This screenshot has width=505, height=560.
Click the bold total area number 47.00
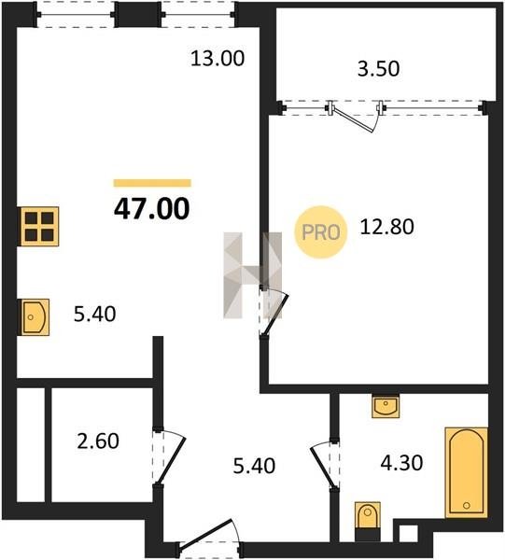(x=152, y=209)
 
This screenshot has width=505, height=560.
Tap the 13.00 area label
(x=217, y=59)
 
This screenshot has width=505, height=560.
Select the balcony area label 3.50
(x=379, y=69)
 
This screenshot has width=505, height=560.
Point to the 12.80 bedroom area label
(x=386, y=227)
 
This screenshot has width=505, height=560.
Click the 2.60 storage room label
(x=98, y=441)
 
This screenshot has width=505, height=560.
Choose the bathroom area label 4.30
(x=401, y=463)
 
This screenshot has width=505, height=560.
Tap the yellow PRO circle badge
(x=321, y=232)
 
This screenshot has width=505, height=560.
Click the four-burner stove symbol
(x=39, y=227)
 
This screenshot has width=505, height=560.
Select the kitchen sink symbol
(x=35, y=317)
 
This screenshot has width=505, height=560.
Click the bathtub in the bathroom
(x=466, y=472)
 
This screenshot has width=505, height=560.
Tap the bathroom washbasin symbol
(x=386, y=406)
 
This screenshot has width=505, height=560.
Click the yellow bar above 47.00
(x=152, y=183)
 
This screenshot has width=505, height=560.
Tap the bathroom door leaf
(x=324, y=469)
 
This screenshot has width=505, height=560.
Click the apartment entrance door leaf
(x=205, y=533)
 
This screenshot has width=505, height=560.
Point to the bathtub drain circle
(x=466, y=505)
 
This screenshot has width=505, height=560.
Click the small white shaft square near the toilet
(x=409, y=534)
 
